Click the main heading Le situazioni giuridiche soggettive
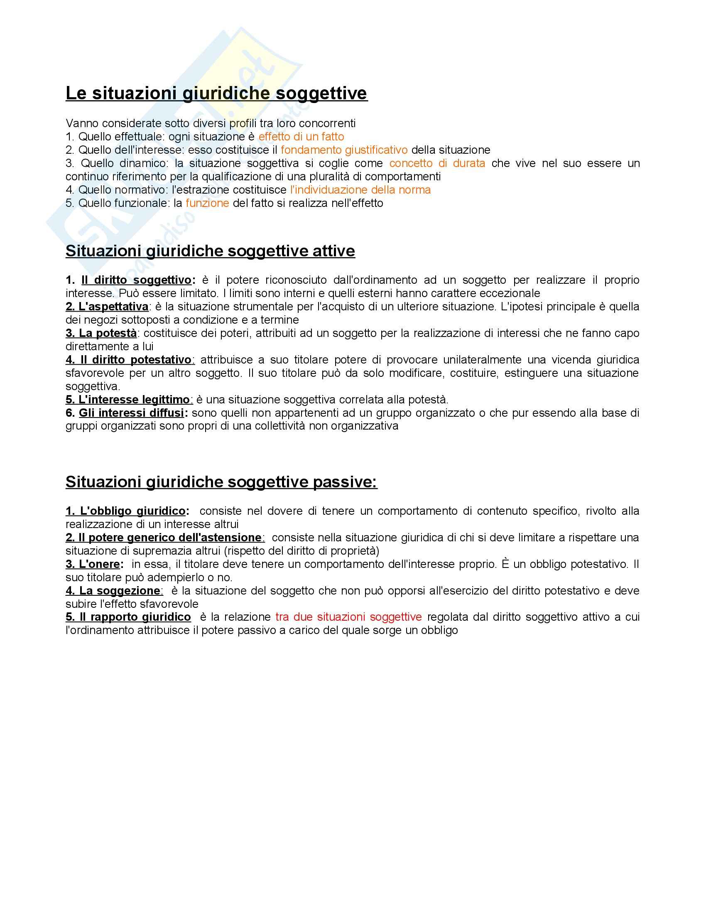[x=216, y=93]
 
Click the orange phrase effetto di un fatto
[x=301, y=137]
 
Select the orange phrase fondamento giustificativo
[x=344, y=150]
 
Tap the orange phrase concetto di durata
[x=437, y=163]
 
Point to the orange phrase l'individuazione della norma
[x=360, y=190]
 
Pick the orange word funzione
[x=207, y=204]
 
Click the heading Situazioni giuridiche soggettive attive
[x=210, y=251]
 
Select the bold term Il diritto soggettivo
[x=136, y=280]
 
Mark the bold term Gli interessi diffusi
[x=131, y=413]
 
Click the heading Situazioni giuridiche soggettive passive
[x=221, y=482]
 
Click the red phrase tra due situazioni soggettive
[x=348, y=617]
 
